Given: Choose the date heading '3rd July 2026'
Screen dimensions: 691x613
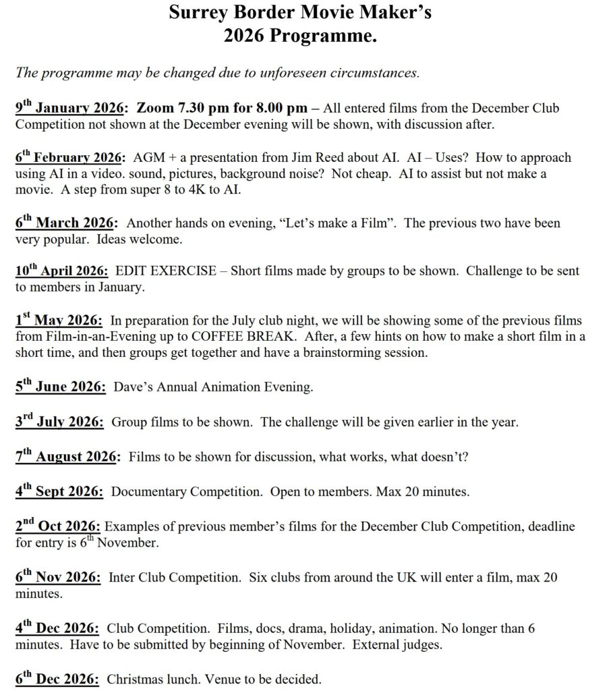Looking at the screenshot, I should (60, 422).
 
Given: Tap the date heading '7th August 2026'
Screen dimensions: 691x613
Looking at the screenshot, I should (67, 457).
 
